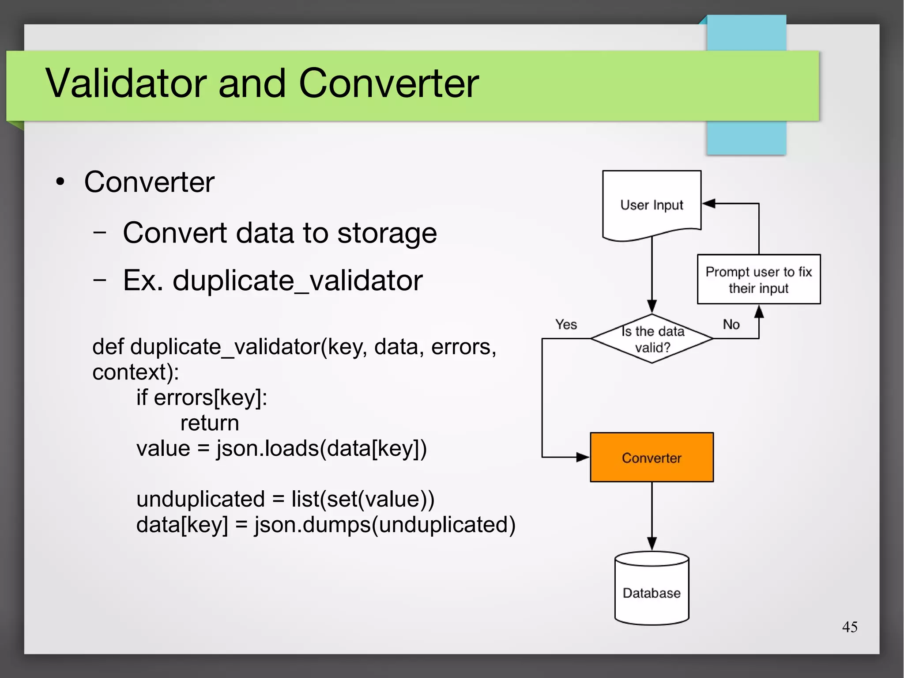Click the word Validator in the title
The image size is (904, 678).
coord(126,84)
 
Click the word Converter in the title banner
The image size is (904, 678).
coord(388,84)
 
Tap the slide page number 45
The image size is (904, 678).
coord(849,627)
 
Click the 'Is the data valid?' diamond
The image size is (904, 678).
coord(652,339)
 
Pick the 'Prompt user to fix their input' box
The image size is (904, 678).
coord(758,280)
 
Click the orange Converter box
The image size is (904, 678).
coord(652,458)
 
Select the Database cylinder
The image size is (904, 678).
coord(652,592)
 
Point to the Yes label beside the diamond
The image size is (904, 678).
coord(566,325)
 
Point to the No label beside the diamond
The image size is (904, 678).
coord(731,325)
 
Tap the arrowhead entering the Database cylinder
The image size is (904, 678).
coord(652,544)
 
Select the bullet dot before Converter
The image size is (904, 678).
coord(60,182)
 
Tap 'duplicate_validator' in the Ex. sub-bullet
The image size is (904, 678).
coord(297,280)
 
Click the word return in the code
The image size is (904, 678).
coord(210,423)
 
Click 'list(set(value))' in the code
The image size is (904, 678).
coord(362,500)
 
